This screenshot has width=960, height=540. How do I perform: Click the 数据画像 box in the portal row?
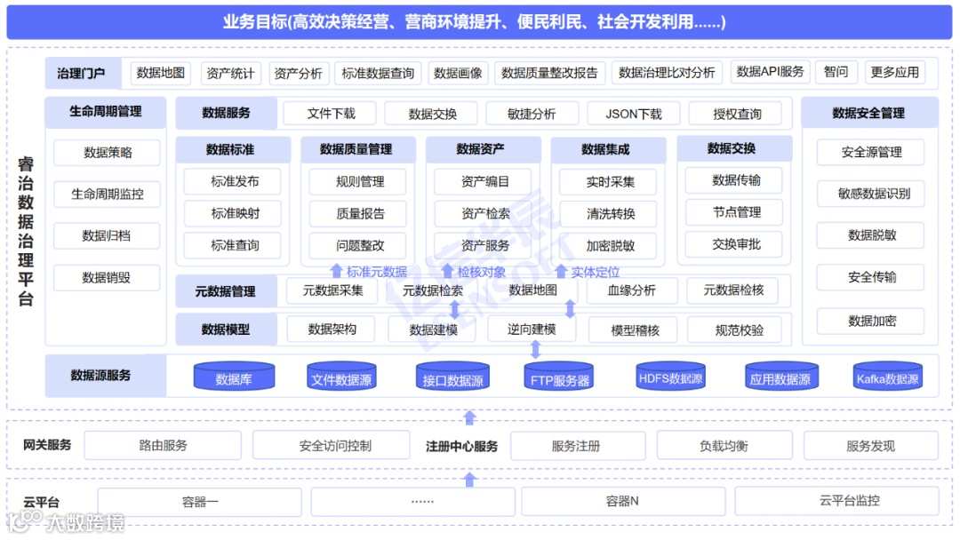pos(458,73)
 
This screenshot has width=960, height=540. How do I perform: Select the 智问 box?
pos(836,72)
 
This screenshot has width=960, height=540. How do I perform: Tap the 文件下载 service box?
pos(331,114)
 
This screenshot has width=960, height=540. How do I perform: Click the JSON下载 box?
pos(634,114)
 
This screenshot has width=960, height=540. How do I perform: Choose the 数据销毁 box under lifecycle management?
pos(107,278)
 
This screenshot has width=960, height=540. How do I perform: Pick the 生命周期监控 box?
pos(107,194)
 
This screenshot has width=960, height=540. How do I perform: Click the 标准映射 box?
pos(235,213)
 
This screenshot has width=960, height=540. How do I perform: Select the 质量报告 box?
pos(360,213)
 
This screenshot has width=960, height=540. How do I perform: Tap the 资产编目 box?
pos(485,182)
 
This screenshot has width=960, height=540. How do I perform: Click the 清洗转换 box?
pos(611,214)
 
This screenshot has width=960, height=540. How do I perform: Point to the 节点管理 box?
pos(736,212)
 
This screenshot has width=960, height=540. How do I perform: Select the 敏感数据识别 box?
pos(873,194)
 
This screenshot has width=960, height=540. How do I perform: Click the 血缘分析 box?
pos(631,290)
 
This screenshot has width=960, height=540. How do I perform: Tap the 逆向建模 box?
pos(532,330)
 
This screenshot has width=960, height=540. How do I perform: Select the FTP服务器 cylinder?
pos(559,379)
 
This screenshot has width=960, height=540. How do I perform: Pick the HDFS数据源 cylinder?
pos(670,378)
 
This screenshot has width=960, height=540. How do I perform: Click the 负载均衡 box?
pos(724,446)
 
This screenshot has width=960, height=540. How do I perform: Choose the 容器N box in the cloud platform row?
pos(622,502)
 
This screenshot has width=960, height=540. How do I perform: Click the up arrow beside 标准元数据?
pos(336,272)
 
